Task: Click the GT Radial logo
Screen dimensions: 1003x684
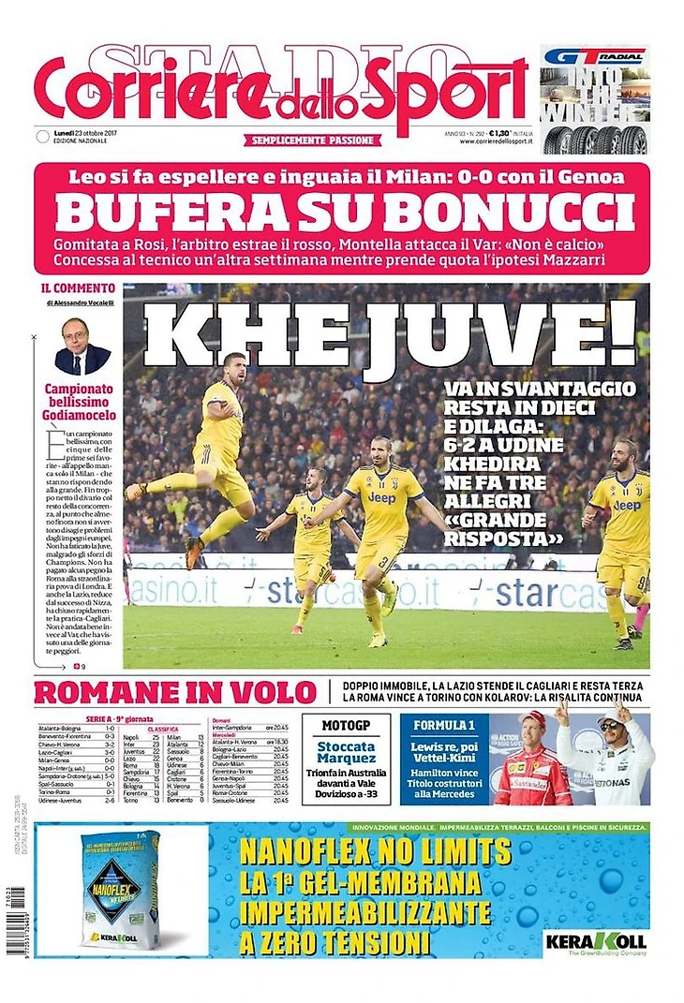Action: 594,56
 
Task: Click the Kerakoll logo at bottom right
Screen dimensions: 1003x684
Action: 608,939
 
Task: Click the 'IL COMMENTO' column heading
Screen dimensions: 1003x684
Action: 79,288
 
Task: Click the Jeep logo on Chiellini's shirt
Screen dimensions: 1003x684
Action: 381,497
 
